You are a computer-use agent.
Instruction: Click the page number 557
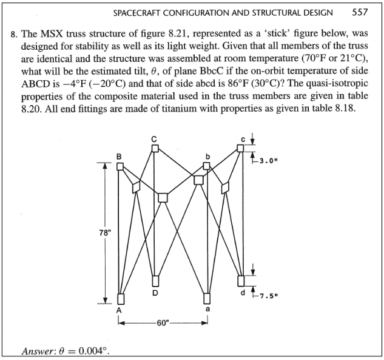[x=361, y=12]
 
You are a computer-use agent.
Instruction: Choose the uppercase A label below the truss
[x=120, y=310]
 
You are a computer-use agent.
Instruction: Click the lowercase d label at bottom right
[x=243, y=293]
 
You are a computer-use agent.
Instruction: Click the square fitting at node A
[x=120, y=298]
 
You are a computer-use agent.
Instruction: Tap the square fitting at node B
[x=120, y=166]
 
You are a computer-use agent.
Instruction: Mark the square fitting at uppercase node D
[x=155, y=280]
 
